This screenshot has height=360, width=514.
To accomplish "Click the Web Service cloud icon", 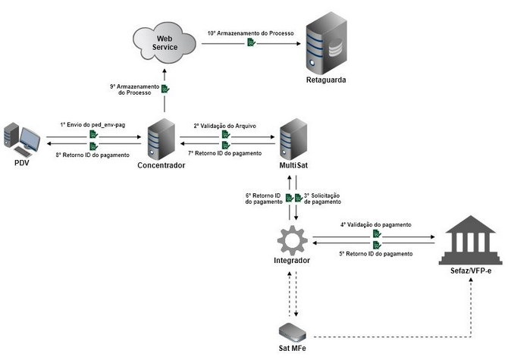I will [x=165, y=42].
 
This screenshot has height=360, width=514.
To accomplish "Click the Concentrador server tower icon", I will [x=161, y=138].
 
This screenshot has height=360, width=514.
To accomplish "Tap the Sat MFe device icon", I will [x=292, y=330].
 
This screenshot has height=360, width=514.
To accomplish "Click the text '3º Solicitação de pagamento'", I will [x=322, y=199].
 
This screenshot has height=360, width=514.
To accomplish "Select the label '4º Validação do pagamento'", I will [x=376, y=225].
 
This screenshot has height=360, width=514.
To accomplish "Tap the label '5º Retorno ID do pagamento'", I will [x=376, y=253].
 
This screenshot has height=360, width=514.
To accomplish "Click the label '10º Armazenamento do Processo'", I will [x=252, y=33].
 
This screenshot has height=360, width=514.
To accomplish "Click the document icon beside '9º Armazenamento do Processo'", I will [x=165, y=89].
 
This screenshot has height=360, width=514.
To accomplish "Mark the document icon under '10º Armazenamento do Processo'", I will [x=252, y=44].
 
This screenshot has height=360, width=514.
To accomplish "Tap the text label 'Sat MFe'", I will [x=292, y=349].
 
